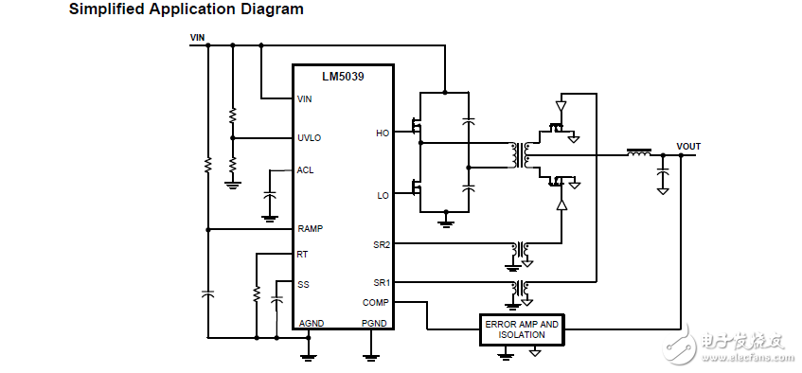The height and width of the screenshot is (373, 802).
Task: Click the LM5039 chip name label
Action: pyautogui.click(x=343, y=76)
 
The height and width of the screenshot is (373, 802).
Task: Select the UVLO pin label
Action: pyautogui.click(x=309, y=137)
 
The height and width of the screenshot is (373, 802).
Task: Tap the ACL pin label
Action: pyautogui.click(x=305, y=170)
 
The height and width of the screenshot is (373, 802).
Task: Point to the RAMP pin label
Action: pyautogui.click(x=310, y=229)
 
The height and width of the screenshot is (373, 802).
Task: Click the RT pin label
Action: pyautogui.click(x=302, y=254)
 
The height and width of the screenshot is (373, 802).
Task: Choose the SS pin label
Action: pyautogui.click(x=302, y=283)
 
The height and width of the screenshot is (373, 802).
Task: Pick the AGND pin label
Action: pyautogui.click(x=311, y=323)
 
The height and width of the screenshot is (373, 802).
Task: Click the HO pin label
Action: pyautogui.click(x=382, y=133)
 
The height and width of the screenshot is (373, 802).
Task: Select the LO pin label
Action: pyautogui.click(x=383, y=196)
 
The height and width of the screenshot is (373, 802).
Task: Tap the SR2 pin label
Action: pyautogui.click(x=381, y=245)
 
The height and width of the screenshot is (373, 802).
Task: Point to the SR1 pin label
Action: pyautogui.click(x=381, y=282)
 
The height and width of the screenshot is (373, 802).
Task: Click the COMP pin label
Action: pyautogui.click(x=375, y=303)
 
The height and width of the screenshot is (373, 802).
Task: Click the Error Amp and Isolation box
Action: pyautogui.click(x=522, y=329)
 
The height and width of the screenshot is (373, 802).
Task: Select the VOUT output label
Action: pyautogui.click(x=688, y=147)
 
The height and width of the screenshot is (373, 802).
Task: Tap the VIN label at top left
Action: pyautogui.click(x=197, y=38)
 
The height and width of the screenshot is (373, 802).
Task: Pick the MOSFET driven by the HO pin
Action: pyautogui.click(x=416, y=126)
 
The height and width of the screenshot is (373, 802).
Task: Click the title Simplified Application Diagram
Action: pyautogui.click(x=187, y=9)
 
